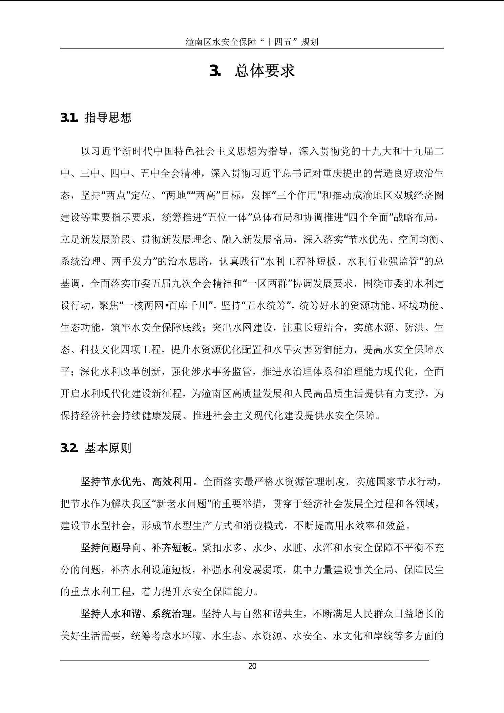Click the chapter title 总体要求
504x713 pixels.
pyautogui.click(x=265, y=71)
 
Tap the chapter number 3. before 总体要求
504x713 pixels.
pyautogui.click(x=215, y=71)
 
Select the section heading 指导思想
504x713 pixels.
pyautogui.click(x=108, y=118)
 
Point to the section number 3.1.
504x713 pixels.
pyautogui.click(x=69, y=118)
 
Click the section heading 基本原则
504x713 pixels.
pyautogui.click(x=108, y=448)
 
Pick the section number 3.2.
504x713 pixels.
pyautogui.click(x=69, y=448)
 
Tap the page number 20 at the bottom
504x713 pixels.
pyautogui.click(x=252, y=666)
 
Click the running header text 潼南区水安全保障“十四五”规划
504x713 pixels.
pyautogui.click(x=252, y=42)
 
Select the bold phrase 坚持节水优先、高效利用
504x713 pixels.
pyautogui.click(x=136, y=482)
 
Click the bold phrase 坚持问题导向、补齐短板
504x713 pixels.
pyautogui.click(x=136, y=548)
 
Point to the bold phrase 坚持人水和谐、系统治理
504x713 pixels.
pyautogui.click(x=136, y=614)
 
